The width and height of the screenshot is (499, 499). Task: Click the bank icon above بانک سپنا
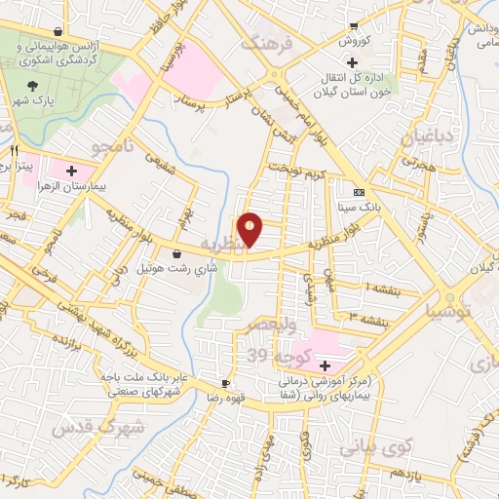(359, 192)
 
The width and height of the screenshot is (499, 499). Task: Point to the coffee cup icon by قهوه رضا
(226, 383)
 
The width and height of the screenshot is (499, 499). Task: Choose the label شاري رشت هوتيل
(137, 267)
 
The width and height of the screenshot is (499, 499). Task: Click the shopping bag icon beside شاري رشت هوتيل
(176, 254)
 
